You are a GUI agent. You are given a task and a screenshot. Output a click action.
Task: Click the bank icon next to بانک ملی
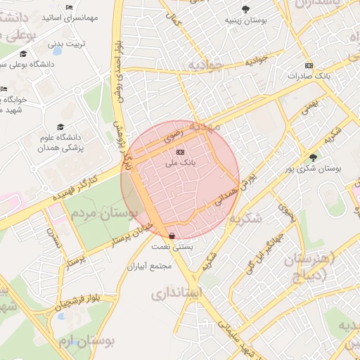click(x=180, y=152)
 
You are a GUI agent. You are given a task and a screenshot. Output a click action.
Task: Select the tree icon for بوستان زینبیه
click(x=245, y=9)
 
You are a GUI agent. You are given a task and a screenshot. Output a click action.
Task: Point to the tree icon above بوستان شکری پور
click(x=313, y=157)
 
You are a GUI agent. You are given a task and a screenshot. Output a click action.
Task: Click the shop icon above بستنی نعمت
click(x=172, y=236)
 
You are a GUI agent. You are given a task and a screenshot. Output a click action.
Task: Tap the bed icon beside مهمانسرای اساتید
click(x=67, y=8)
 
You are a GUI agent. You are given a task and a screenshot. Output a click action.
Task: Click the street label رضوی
click(x=174, y=134)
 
